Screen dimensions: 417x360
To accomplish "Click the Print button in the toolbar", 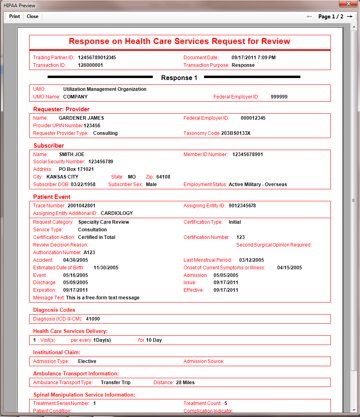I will coord(14,16).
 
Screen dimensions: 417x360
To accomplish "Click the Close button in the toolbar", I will coord(32,16).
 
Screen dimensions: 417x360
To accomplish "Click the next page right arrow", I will coord(350,16).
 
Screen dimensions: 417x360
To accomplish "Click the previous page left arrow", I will coord(309,16).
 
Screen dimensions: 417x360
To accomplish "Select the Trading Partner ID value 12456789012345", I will coord(97,58).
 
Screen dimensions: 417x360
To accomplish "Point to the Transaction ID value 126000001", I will coord(90,65).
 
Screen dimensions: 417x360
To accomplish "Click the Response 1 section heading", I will coord(179,78).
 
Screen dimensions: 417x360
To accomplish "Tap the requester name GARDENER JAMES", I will coord(81,118).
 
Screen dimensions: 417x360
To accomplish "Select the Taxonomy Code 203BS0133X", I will coord(236,133).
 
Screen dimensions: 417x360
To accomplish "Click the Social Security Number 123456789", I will coord(101,162).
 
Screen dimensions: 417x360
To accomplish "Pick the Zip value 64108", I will coord(163,177).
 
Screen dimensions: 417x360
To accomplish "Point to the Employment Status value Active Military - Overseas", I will coord(258,184).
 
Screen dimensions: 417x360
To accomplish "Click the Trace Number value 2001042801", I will coord(81,206).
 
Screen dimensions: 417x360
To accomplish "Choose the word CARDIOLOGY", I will coord(117,213).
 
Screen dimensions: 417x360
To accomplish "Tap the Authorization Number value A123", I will coord(89,253).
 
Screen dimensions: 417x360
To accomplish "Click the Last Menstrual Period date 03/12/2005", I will coord(252,260).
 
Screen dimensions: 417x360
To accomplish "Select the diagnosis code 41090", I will coord(93,319).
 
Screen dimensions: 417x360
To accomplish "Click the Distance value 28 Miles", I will coord(185,383).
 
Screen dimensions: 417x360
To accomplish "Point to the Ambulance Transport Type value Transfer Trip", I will coord(116,383).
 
